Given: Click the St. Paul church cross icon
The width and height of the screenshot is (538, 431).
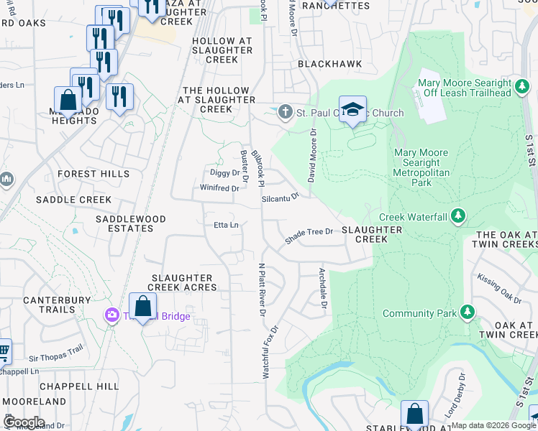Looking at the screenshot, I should point(286,113).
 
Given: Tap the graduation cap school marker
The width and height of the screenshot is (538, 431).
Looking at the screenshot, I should point(352,109).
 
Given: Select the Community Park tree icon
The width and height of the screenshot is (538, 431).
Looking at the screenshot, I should point(468,312).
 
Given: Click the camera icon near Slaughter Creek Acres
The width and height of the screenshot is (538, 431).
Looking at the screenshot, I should point(111,315).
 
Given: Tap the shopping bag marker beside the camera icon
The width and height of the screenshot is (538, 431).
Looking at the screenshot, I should point(143,307).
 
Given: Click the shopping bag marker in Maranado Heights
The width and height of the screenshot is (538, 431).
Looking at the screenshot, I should point(68,100).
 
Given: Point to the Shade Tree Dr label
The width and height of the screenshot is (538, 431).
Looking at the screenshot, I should point(309,236).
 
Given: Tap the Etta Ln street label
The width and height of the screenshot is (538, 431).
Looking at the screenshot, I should point(226,225).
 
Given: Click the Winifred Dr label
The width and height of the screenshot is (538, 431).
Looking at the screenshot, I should point(219,188).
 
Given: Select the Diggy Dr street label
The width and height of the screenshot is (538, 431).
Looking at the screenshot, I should point(226,173).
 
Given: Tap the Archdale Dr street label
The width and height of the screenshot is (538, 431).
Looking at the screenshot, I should point(324,289).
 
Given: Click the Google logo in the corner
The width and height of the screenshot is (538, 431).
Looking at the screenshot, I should point(24,422).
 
